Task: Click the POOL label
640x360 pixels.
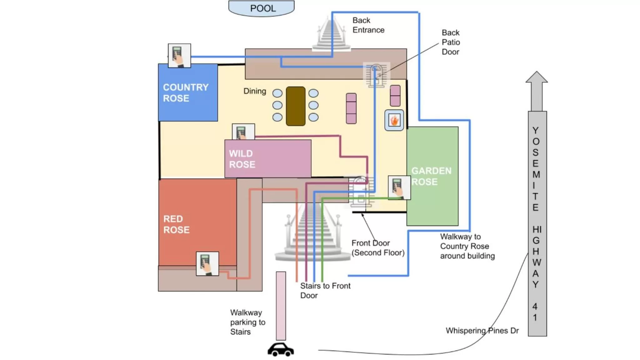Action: point(263,8)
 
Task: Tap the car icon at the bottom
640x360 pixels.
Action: point(280,350)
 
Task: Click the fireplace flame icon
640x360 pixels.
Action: point(394,120)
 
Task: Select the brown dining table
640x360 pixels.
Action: point(295,106)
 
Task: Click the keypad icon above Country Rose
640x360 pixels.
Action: point(179,56)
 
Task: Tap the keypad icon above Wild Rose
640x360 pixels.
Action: point(243,132)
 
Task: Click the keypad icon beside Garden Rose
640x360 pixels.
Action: point(399,187)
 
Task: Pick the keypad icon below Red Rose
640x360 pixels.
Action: point(207,264)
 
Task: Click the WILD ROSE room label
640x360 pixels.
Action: point(242,159)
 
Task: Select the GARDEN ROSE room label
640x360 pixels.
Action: point(431,176)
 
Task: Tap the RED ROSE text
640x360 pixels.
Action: point(176,224)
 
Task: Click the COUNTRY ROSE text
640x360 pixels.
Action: point(185,93)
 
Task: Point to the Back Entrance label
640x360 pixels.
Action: point(368,25)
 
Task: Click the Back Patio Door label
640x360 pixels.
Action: point(451,42)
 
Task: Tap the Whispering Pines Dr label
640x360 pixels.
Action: point(482,331)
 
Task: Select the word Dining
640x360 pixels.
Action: point(254,91)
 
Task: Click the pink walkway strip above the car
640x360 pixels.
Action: point(281,306)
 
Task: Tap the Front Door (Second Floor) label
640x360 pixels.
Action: point(378,248)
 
